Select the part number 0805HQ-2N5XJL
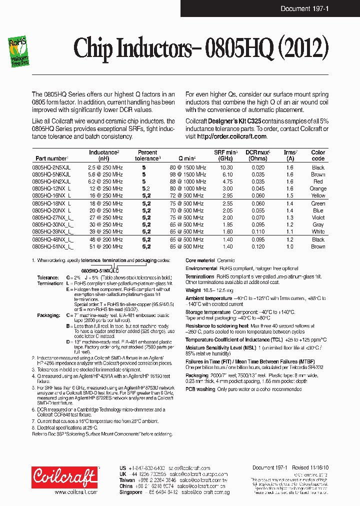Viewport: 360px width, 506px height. click(51, 167)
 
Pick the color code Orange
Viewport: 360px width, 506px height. click(318, 188)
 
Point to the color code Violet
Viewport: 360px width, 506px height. click(318, 217)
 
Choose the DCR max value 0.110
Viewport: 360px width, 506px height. click(258, 232)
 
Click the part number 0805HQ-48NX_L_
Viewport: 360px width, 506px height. click(53, 239)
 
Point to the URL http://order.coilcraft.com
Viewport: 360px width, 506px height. click(231, 136)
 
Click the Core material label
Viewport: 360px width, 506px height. click(200, 260)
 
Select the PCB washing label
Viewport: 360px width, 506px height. click(200, 388)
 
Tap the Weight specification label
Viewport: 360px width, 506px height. click(193, 290)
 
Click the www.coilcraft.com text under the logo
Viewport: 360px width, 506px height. click(75, 492)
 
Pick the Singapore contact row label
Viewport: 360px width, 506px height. click(130, 492)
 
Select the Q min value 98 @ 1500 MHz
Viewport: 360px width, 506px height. click(187, 174)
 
